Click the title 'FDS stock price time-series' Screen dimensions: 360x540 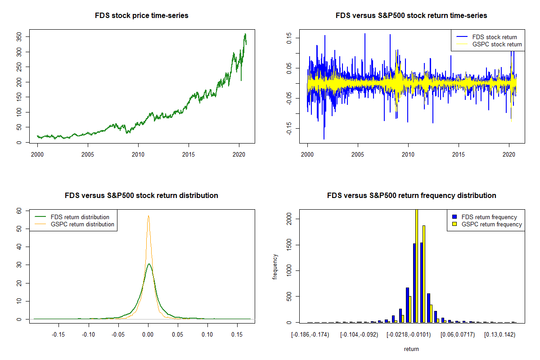point(141,16)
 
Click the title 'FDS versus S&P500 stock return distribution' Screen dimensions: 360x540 point(141,196)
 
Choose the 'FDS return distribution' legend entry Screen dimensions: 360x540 point(80,217)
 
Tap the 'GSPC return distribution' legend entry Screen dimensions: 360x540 point(82,224)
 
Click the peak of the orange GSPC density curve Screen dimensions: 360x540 point(148,216)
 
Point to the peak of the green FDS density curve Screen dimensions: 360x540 point(149,264)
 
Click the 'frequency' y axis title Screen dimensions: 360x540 point(275,267)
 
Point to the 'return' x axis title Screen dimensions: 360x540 point(411,349)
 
